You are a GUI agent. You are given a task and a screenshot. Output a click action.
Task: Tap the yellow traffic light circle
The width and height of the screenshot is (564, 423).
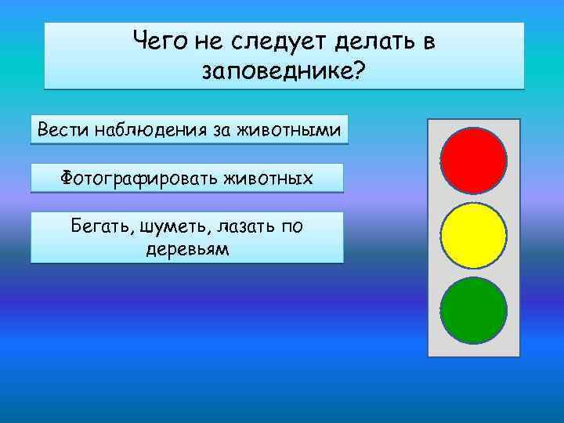474,237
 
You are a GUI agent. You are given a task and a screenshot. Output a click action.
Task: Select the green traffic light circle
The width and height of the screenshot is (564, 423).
474,313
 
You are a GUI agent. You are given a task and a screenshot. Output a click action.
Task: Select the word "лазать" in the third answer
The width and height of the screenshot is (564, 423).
247,227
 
